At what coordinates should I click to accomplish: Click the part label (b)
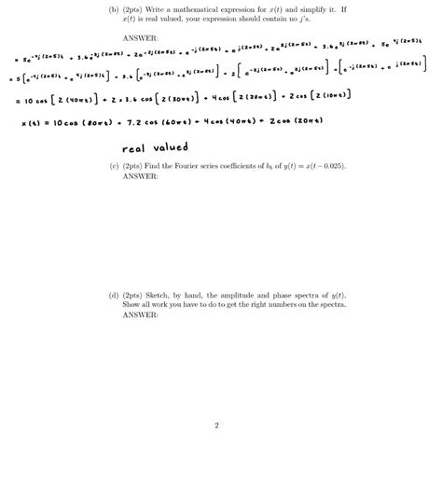[114, 9]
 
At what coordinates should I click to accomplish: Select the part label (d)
[114, 295]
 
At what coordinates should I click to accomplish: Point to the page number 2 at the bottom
[216, 426]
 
